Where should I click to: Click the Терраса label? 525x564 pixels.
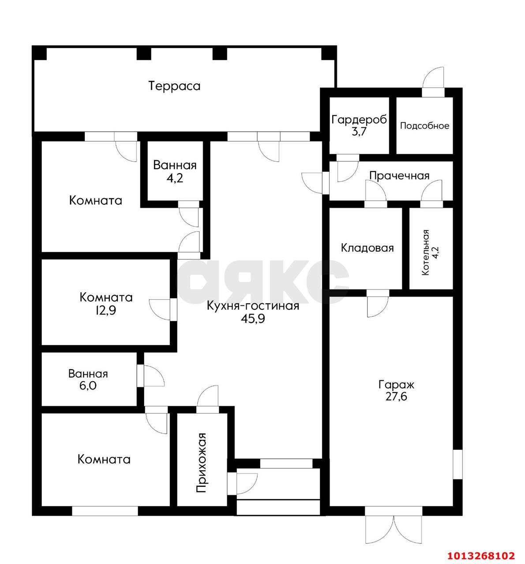point(175,86)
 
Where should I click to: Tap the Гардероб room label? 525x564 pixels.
point(359,119)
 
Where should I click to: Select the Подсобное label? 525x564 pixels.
point(424,126)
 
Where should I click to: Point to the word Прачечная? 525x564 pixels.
point(399,176)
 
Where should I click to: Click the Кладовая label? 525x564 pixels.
point(367,248)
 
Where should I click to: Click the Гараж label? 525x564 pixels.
point(397,385)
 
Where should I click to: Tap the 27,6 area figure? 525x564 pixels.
point(397,397)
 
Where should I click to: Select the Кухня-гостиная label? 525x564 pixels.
point(253,306)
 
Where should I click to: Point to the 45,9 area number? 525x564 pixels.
point(253,319)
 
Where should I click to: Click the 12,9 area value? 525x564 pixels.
point(106,310)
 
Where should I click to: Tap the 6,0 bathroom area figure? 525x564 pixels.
point(88,386)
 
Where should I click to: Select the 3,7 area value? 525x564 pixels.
point(360,132)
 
